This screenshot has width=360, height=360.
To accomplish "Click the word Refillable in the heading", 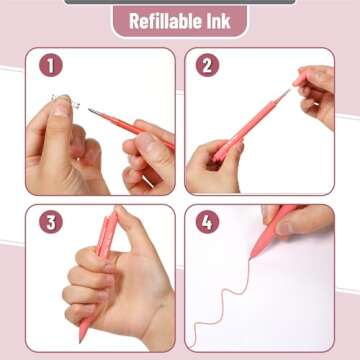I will coord(158,21).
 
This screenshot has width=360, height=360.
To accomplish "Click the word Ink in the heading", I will coord(221,21).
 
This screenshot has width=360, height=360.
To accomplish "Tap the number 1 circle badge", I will coord(51,65).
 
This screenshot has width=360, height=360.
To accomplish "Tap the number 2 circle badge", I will coord(208,65).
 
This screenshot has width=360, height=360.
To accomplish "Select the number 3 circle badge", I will coord(51,222).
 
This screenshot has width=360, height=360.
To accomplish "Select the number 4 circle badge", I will coord(208,222).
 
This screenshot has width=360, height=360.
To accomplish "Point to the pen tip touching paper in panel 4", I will coord(254,254).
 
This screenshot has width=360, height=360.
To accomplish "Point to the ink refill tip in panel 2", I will coord(288,92).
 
